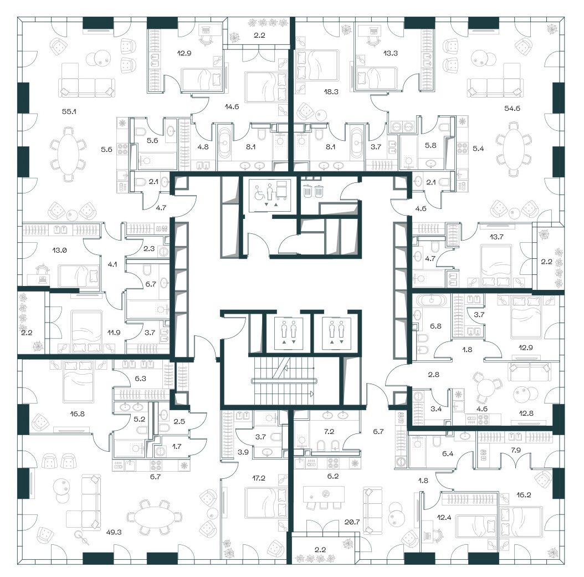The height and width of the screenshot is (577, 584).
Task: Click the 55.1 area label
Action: coord(69,111)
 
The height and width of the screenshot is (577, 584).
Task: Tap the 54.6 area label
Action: coord(512,109)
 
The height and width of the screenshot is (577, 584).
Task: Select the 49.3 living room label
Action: coord(114,532)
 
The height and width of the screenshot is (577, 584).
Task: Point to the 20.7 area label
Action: coord(352,522)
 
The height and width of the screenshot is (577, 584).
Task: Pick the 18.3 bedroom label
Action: coord(331,91)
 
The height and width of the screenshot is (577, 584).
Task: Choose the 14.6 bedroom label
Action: coord(232,106)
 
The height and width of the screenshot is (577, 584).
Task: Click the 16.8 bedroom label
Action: coord(77,413)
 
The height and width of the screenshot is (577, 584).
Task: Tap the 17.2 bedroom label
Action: coord(259,478)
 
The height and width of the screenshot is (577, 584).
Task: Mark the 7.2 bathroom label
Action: coord(329,431)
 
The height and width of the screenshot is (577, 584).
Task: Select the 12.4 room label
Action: coord(444,517)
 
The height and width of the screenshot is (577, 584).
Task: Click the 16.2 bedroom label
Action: coord(524,494)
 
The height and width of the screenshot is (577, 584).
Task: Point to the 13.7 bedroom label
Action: coord(496,237)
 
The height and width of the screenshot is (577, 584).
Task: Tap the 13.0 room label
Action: coord(59,251)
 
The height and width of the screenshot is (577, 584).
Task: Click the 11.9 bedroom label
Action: coord(114,332)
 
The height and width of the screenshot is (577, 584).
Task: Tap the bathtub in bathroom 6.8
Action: coord(431,300)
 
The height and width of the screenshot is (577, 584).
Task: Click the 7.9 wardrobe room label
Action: coord(515,450)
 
